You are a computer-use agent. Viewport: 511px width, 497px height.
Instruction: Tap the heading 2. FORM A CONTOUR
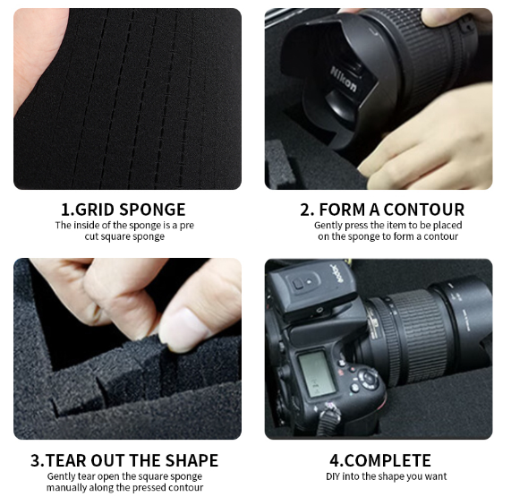click(x=381, y=210)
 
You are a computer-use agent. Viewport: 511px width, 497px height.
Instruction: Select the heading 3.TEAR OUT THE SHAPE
click(x=124, y=460)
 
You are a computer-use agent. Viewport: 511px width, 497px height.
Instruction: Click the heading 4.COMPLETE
click(x=380, y=460)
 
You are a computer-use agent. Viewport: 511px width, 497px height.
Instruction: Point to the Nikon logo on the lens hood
click(x=345, y=81)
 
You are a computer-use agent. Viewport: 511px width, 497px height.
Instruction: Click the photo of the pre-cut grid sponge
click(x=127, y=99)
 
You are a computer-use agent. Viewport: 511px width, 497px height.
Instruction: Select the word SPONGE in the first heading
click(x=155, y=210)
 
